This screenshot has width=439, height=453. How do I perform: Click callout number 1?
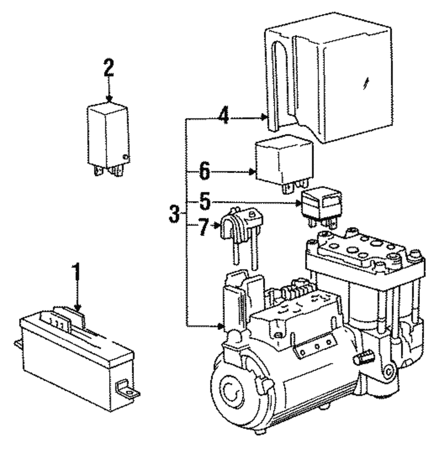coord(77,273)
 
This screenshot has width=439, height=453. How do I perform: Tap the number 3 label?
coord(174,214)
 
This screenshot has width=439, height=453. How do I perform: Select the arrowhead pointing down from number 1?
coord(78,308)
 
